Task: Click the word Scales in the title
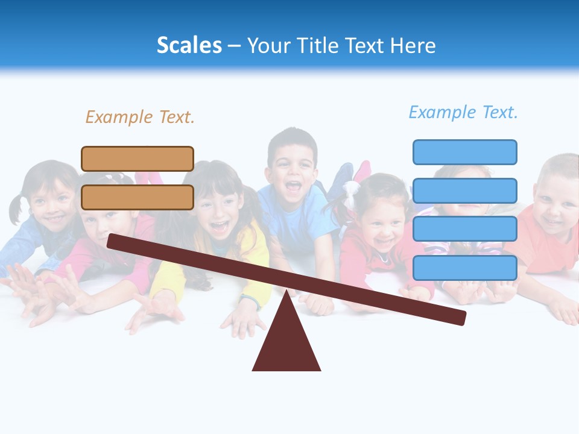189,46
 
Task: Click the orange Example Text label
140,117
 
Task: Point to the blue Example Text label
463,112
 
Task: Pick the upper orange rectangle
138,159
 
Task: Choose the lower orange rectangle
138,197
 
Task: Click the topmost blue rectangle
464,152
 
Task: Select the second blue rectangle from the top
464,190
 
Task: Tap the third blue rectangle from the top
464,229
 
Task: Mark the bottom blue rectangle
464,268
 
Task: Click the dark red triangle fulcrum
286,344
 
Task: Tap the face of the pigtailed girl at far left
51,202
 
